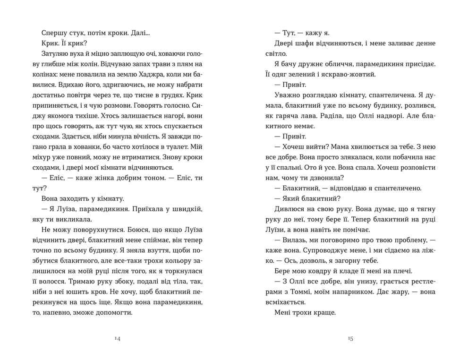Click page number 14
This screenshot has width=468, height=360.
coord(118,338)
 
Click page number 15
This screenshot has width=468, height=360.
coord(350,338)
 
